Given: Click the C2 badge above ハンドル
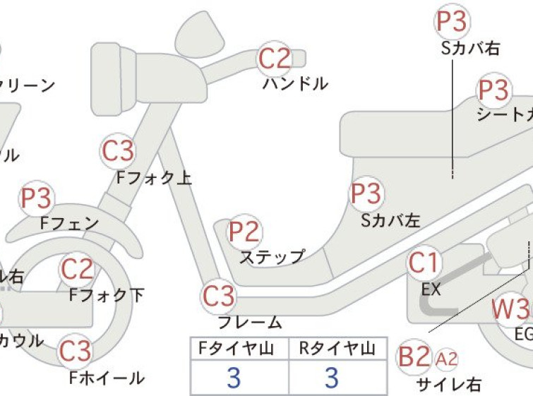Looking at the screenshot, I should click(x=275, y=59).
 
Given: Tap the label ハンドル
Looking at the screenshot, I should click(x=295, y=84).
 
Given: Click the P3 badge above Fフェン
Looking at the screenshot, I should click(x=36, y=199).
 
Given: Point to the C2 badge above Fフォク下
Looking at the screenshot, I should click(x=77, y=269).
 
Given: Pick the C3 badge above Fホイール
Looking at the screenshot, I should click(x=75, y=351).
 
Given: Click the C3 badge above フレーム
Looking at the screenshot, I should click(x=219, y=296).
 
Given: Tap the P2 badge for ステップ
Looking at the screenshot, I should click(x=244, y=232).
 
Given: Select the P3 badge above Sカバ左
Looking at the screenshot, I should click(x=366, y=193).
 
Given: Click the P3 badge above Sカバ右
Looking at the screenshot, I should click(x=452, y=23).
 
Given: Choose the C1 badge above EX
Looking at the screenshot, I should click(x=424, y=263).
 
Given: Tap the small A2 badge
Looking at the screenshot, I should click(x=447, y=359).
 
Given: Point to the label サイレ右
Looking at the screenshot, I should click(x=449, y=385).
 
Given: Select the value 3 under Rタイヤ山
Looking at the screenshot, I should click(x=332, y=378).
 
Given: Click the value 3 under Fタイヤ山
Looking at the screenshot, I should click(x=234, y=378).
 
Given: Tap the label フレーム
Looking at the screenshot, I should click(x=250, y=323).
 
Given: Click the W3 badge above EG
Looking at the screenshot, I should click(x=511, y=309).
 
